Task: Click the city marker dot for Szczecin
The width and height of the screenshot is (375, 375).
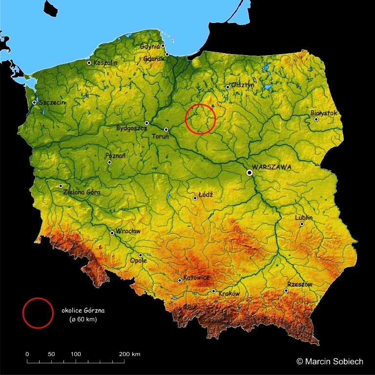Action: point(35,102)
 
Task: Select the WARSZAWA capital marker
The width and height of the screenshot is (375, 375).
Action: point(250,172)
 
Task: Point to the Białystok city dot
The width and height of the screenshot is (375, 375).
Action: point(316,119)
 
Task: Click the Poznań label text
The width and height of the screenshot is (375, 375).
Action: point(116,155)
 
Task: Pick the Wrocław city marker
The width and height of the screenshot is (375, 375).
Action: point(112,233)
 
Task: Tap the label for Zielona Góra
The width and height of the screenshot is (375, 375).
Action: point(82,192)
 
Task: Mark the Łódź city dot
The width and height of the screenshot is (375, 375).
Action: point(195,198)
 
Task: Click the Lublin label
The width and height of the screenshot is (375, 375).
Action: point(304,218)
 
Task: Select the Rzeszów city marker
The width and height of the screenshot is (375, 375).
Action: point(286,291)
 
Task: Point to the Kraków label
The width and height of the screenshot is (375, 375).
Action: point(229,294)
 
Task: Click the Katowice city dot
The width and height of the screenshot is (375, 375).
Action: point(180,280)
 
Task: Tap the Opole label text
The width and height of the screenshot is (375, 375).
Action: point(138,261)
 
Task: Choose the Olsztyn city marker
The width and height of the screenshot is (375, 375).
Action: point(228,87)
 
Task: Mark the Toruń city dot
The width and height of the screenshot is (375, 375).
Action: point(166,129)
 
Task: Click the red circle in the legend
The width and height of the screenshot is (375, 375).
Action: point(38,313)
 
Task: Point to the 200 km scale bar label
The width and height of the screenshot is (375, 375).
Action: point(129,354)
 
